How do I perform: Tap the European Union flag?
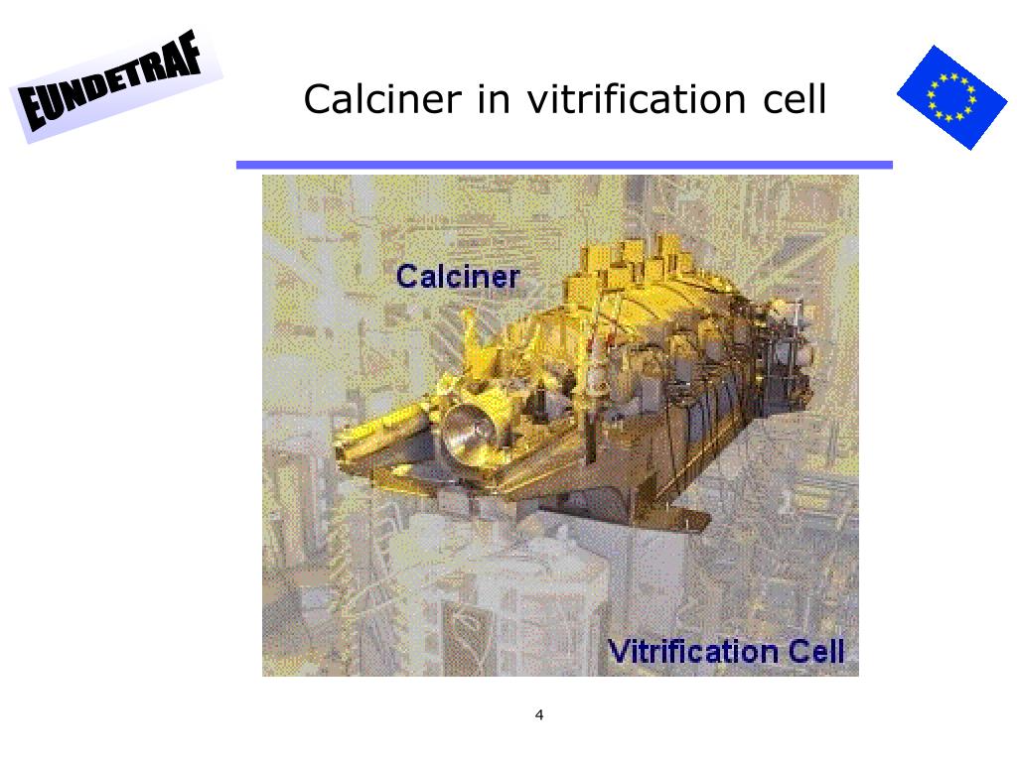point(952,97)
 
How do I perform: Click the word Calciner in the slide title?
point(382,99)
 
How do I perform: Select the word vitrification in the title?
point(637,99)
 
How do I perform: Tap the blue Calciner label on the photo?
point(458,277)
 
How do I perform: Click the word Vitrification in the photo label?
point(692,651)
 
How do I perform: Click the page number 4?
point(539,714)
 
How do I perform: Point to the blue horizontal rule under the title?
point(564,166)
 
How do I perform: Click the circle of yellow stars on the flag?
point(951,97)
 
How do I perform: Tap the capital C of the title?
point(317,99)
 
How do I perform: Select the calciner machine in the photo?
point(571,382)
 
